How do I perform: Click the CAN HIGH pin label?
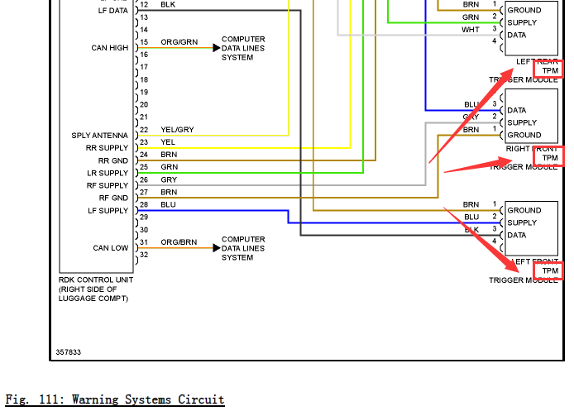tap(110, 48)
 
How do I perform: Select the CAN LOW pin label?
tap(111, 248)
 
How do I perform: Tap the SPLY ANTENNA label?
tap(100, 136)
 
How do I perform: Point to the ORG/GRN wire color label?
tap(179, 42)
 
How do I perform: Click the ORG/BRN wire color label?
tap(179, 242)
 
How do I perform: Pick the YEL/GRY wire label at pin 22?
tap(177, 130)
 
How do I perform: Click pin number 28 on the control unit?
tap(143, 205)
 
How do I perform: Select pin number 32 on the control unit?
tap(143, 255)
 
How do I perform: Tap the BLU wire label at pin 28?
tap(168, 204)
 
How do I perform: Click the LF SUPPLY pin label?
tap(108, 211)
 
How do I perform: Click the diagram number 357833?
tap(69, 352)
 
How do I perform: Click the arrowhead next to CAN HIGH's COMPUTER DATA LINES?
tap(217, 48)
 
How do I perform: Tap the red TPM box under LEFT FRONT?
tap(549, 270)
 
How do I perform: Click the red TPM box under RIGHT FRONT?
tap(549, 157)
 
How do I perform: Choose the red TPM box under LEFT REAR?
tap(549, 70)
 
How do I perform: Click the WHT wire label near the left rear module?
tap(470, 30)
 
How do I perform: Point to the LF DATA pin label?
tap(112, 11)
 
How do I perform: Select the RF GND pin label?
tap(113, 198)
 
